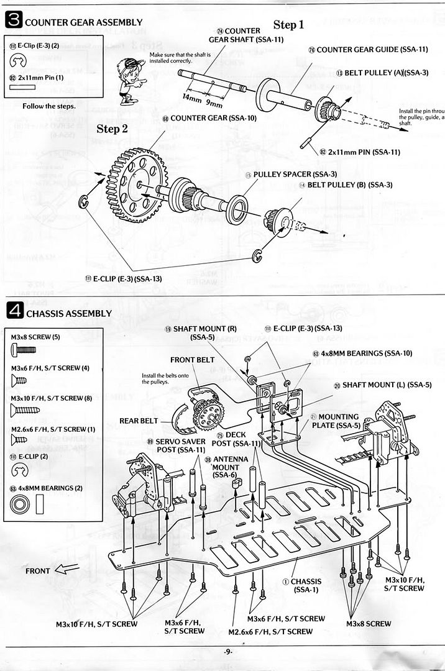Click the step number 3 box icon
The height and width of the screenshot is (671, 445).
point(13,21)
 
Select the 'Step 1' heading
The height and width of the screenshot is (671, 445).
point(288,25)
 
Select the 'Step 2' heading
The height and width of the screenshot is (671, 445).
point(112,129)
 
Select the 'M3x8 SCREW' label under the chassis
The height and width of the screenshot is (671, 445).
point(369,623)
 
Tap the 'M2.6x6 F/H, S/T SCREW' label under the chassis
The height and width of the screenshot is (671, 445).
point(270,631)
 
